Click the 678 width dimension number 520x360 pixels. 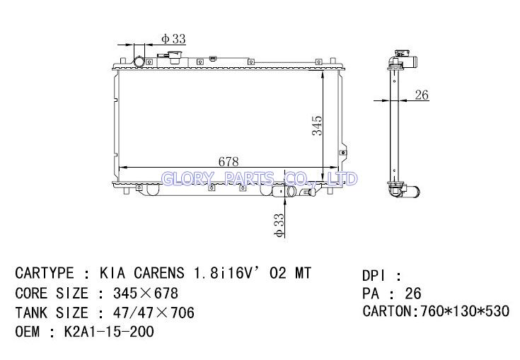click(229, 161)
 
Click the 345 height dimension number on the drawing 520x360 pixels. click(317, 125)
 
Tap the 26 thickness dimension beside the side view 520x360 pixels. click(422, 95)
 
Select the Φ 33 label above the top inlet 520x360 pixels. click(173, 39)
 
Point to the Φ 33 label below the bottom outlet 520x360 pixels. click(279, 226)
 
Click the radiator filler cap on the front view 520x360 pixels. click(173, 57)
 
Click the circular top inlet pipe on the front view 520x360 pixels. click(139, 62)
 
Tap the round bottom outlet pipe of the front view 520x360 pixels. click(291, 191)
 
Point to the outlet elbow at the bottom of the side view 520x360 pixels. click(404, 190)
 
